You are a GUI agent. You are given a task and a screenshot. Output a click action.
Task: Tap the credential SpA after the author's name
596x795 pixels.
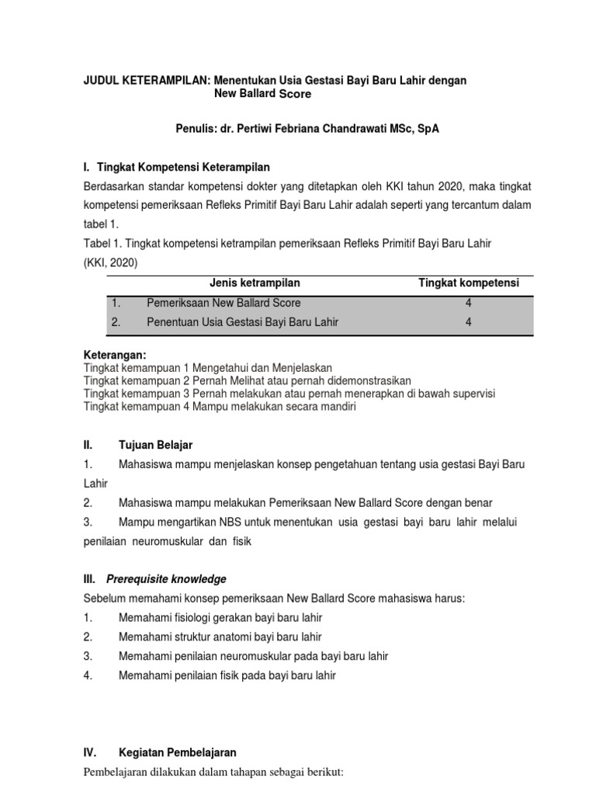click(426, 129)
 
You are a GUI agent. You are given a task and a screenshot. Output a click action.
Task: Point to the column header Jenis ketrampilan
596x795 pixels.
click(255, 283)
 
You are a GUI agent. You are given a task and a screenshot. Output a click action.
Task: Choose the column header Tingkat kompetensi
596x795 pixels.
click(469, 283)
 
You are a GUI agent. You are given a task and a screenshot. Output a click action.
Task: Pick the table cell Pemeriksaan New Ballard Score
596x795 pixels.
click(223, 303)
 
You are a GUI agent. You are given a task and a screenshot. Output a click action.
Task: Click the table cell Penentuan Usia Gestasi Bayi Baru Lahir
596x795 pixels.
click(242, 322)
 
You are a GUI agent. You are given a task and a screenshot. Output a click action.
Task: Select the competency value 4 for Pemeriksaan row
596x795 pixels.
click(469, 303)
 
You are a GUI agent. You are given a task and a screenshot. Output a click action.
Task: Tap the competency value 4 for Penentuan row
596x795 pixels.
click(469, 322)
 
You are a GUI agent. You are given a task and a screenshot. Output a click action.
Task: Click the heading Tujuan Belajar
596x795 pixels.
click(155, 445)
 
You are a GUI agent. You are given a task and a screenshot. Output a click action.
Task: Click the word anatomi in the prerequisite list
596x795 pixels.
click(224, 637)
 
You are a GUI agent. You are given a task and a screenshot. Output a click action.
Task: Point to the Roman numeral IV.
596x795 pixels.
click(89, 752)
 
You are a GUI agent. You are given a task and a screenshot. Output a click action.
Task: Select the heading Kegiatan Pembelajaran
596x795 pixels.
click(178, 752)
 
